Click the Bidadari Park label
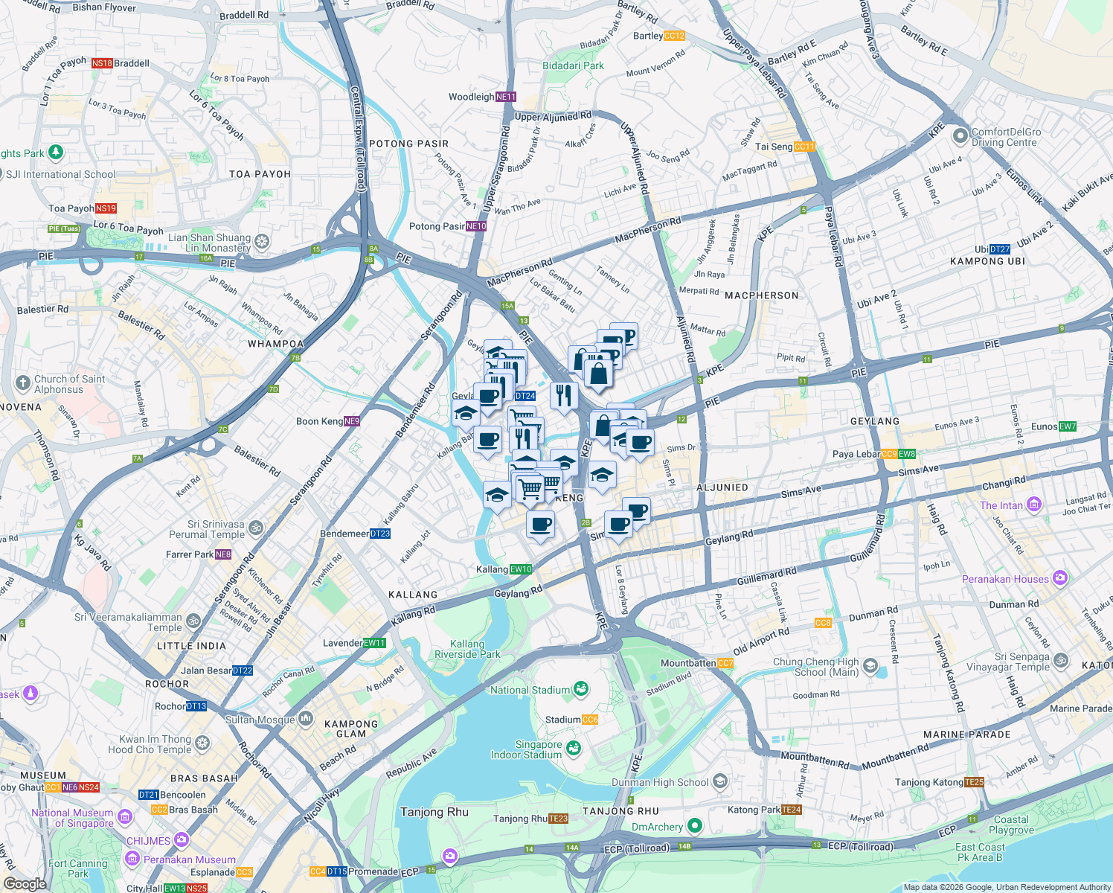[573, 65]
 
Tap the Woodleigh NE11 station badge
[505, 97]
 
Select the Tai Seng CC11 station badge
[804, 147]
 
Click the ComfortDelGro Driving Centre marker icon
[960, 136]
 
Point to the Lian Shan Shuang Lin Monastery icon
[261, 242]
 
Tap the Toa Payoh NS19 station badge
[106, 208]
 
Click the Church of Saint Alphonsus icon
[22, 383]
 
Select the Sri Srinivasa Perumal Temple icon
[256, 528]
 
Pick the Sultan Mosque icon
[305, 719]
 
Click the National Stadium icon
[581, 689]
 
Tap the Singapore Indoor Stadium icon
[573, 748]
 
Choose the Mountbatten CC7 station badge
[725, 663]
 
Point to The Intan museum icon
[1033, 505]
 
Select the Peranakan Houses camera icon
[1059, 578]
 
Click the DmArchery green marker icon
[694, 826]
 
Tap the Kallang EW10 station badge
[521, 569]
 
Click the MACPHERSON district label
[761, 295]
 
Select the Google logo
[25, 883]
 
